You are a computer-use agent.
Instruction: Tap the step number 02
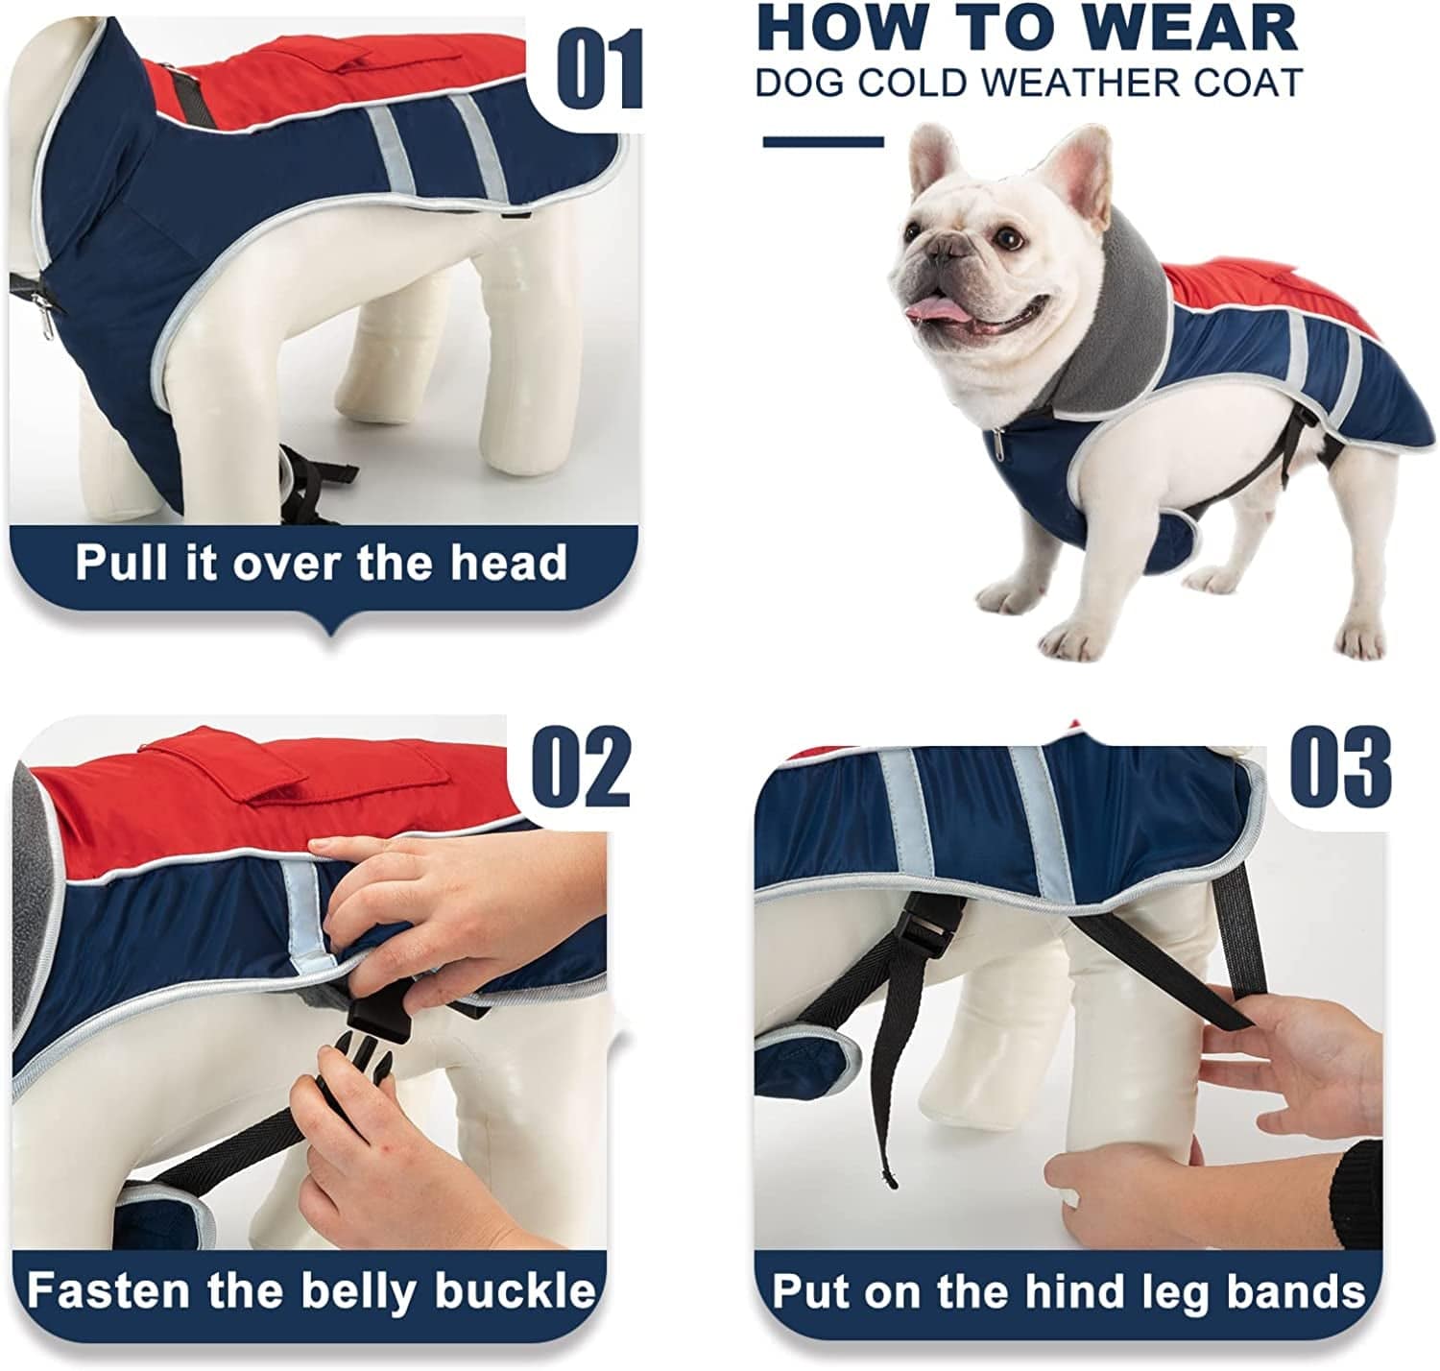point(582,768)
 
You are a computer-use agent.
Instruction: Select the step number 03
point(1340,768)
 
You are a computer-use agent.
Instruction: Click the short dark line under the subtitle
point(823,142)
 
